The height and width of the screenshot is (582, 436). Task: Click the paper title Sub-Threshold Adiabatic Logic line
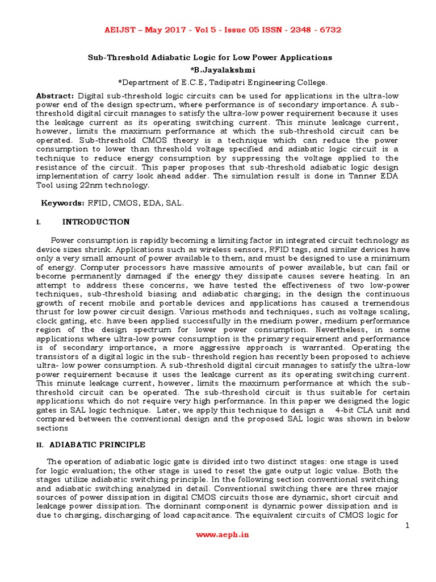pyautogui.click(x=209, y=57)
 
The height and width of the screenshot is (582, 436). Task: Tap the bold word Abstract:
pyautogui.click(x=55, y=96)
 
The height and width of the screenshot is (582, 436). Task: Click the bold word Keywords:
pyautogui.click(x=62, y=203)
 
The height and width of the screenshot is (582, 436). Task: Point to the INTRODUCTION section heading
pyautogui.click(x=96, y=222)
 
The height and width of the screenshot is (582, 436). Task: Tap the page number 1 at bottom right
pyautogui.click(x=407, y=526)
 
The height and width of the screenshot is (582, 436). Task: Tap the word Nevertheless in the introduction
pyautogui.click(x=318, y=329)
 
